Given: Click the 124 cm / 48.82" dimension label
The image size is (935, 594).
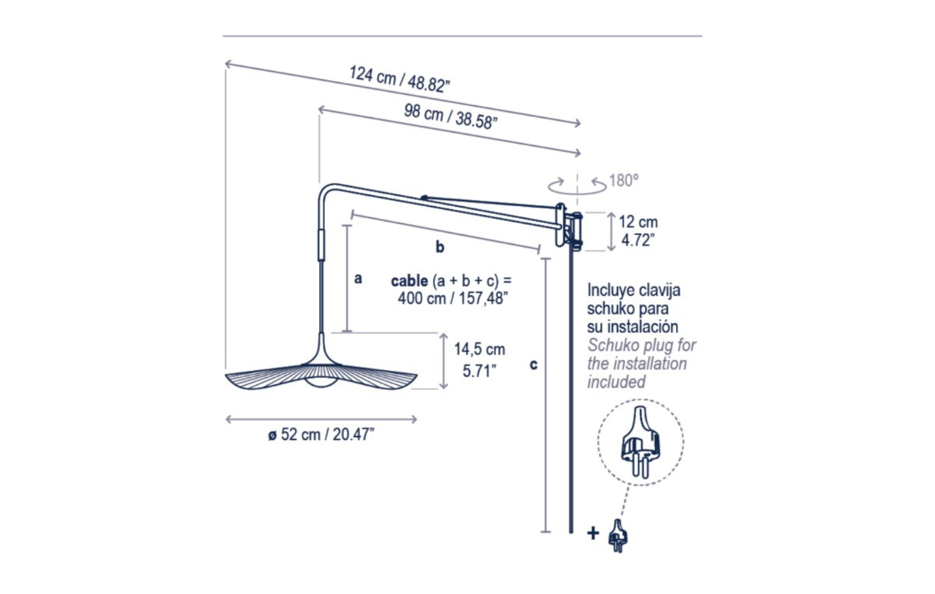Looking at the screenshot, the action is click(399, 79).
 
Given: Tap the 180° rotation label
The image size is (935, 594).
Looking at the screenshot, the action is click(624, 180).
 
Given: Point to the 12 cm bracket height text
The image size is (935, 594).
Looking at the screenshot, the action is click(638, 222).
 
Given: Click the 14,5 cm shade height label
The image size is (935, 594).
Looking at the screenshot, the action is click(480, 349).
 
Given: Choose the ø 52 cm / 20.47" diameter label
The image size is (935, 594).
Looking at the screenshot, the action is click(321, 435).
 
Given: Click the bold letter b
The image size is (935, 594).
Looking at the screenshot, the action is click(440, 247).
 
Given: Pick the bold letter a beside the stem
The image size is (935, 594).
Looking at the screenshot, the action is click(358, 278).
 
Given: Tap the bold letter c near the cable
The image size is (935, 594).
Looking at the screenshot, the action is click(533, 365).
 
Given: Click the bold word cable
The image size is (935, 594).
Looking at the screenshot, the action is click(410, 281).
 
